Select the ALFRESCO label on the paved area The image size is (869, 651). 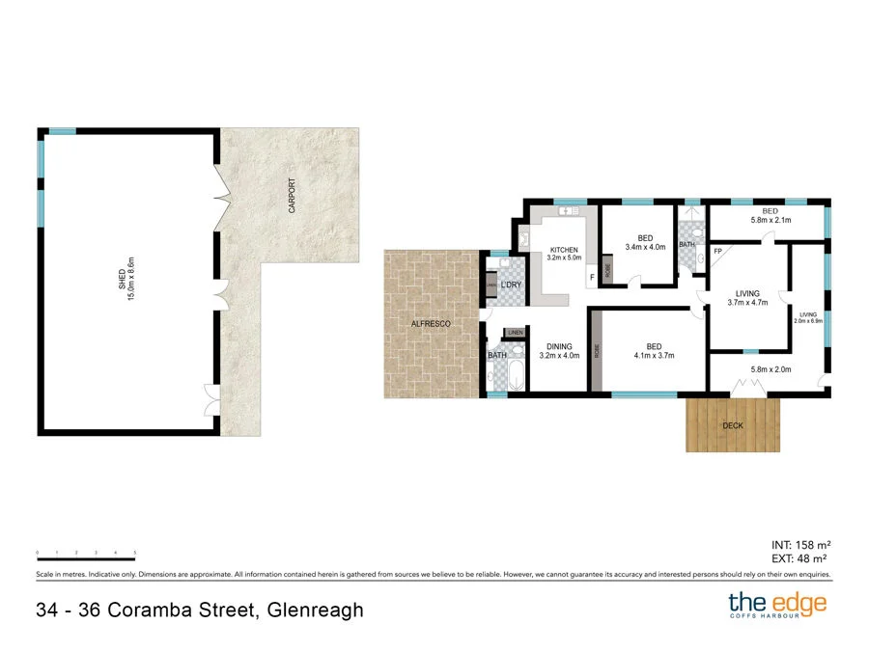(432, 325)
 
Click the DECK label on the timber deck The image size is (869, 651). (733, 425)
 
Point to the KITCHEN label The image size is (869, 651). (564, 250)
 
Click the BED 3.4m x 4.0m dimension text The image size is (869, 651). (646, 247)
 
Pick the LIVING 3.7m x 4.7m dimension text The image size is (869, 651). (746, 302)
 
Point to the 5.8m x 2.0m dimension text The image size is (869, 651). (771, 368)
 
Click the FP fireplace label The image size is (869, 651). (717, 252)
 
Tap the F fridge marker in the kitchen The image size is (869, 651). (591, 278)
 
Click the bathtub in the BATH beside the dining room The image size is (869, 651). (512, 374)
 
